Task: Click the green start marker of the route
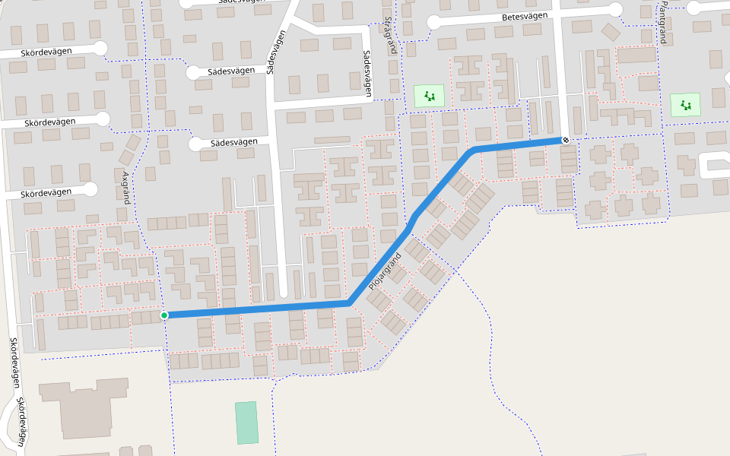[x=164, y=315]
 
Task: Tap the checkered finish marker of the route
[x=566, y=140]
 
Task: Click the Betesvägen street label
[x=525, y=17]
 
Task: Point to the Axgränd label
[x=126, y=187]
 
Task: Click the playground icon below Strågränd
[x=430, y=96]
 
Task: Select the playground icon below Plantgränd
[x=686, y=105]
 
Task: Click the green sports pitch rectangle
[x=246, y=423]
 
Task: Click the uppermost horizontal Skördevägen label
[x=47, y=52]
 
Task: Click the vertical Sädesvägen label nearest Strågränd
[x=368, y=74]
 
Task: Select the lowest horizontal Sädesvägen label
[x=234, y=142]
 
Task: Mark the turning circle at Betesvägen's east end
[x=616, y=9]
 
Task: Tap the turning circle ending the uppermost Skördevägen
[x=100, y=48]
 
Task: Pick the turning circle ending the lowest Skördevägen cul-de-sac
[x=92, y=189]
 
